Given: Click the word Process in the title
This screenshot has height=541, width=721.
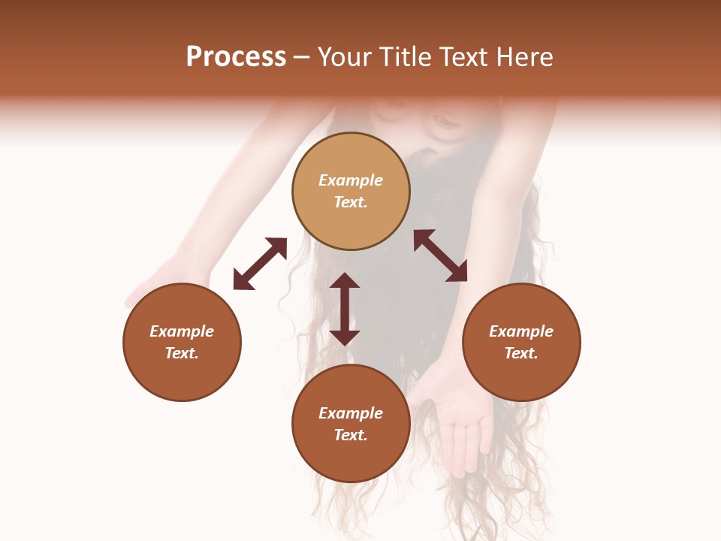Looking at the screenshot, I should tap(236, 57).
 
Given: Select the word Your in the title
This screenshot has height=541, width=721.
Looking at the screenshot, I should tap(345, 57).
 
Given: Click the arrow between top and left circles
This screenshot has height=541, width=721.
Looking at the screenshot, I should tap(260, 264).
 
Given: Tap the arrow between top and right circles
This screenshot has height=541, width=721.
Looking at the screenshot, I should tap(440, 255).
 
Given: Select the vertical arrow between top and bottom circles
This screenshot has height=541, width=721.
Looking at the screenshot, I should tap(345, 309).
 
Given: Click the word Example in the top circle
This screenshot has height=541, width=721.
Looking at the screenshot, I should tap(351, 180).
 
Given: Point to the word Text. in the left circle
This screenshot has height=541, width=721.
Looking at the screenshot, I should tap(182, 353).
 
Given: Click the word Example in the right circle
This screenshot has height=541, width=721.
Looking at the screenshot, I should tap(521, 331).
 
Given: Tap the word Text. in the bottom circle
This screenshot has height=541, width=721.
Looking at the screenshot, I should tap(351, 435).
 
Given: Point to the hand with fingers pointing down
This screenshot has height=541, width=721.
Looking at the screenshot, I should tap(458, 421).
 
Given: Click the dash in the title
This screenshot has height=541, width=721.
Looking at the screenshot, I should tap(301, 57).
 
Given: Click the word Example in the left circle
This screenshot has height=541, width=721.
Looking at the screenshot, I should tap(182, 331).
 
